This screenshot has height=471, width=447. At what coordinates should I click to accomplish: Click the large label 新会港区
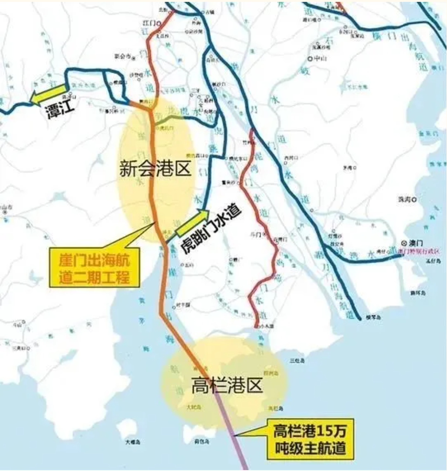pos(155,168)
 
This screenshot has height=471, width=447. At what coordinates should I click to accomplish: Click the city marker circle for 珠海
pos(414,199)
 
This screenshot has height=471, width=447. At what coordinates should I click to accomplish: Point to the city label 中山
pos(320,59)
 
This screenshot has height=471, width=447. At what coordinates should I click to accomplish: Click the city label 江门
pos(149,22)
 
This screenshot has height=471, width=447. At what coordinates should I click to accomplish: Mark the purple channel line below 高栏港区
pos(238,443)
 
